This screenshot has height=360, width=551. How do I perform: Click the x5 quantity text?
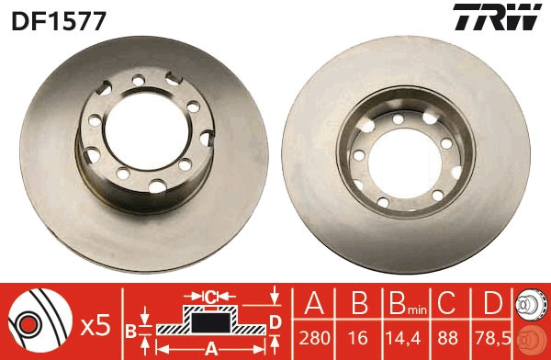96,323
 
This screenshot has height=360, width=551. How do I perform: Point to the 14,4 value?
399,337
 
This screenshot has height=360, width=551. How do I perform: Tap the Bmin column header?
399,303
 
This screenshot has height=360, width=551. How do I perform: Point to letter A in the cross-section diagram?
211,347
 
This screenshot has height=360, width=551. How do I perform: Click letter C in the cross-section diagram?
210,296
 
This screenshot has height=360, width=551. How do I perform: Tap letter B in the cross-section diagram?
131,330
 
